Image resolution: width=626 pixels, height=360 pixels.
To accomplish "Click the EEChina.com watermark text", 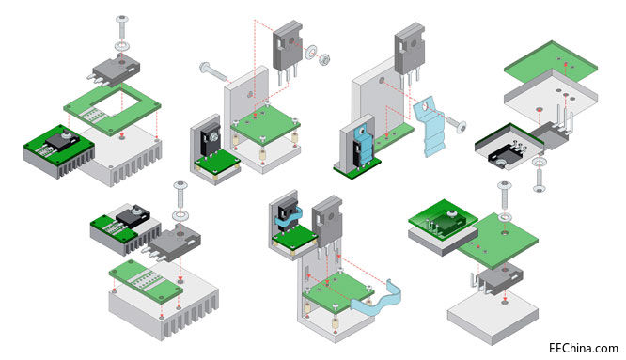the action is pyautogui.click(x=584, y=348).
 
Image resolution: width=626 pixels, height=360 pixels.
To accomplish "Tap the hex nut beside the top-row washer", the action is pyautogui.click(x=325, y=59).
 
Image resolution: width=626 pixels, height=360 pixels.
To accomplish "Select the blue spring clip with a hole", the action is pyautogui.click(x=430, y=127).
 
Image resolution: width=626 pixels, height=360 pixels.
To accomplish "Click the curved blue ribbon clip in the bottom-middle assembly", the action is pyautogui.click(x=375, y=299).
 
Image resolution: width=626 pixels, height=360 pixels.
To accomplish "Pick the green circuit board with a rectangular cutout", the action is pyautogui.click(x=112, y=108).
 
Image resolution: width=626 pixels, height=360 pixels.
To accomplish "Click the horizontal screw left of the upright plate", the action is pyautogui.click(x=213, y=71).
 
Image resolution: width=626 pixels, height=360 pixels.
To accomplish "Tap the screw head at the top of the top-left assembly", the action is pyautogui.click(x=122, y=19).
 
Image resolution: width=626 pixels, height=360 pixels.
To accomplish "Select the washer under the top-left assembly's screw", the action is pyautogui.click(x=122, y=45).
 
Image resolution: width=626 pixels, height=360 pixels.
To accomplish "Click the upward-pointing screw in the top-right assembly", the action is pyautogui.click(x=540, y=180).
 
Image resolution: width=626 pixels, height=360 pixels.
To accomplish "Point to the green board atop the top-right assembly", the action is pyautogui.click(x=551, y=63).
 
